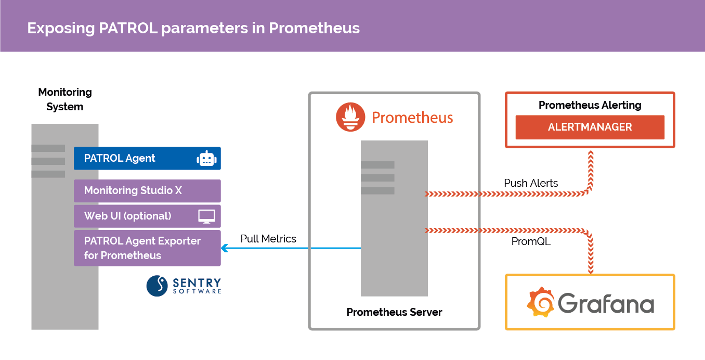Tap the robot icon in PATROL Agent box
coord(206,159)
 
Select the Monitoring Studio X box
coord(147,191)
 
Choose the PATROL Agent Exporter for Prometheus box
coord(147,248)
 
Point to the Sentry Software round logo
coord(157,286)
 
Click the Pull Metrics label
coord(268,239)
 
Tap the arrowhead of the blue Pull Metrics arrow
coord(225,248)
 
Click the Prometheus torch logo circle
coord(350,117)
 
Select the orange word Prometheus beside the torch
coord(412,118)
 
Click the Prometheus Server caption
coord(394,312)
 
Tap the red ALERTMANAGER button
coord(590,127)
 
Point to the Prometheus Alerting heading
coord(590,105)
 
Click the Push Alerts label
coord(531,183)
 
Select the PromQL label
coord(531,241)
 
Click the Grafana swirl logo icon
coord(541,302)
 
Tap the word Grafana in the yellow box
coord(606,303)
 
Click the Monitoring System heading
coord(65,99)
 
